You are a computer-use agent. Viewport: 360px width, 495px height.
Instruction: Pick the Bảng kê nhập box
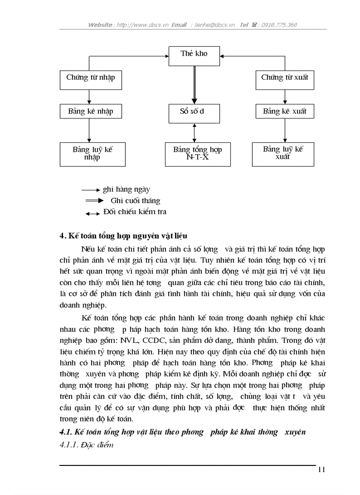click(90, 111)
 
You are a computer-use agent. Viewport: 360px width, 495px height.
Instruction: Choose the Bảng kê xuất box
click(285, 111)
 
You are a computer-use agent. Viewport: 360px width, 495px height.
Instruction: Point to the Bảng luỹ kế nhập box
click(93, 154)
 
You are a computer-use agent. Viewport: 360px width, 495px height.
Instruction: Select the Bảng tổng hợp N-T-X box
click(198, 154)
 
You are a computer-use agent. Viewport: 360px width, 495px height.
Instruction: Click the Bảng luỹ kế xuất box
click(283, 154)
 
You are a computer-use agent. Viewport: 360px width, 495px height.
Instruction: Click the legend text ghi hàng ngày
click(126, 190)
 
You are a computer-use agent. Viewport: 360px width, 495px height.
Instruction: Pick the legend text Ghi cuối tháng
click(135, 201)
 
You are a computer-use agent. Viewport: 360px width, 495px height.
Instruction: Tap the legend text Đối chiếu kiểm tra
click(135, 212)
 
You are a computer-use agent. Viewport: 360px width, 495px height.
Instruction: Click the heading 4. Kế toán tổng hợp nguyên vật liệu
click(126, 236)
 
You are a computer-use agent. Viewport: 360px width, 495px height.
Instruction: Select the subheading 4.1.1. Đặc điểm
click(86, 445)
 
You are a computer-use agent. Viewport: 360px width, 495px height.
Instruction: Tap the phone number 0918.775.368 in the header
click(279, 25)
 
